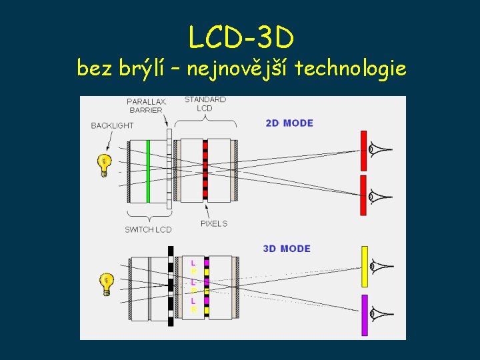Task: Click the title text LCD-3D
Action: [x=241, y=38]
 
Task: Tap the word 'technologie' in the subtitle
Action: [x=350, y=68]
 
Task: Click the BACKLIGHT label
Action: [x=112, y=125]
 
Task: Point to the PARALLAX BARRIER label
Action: [x=146, y=105]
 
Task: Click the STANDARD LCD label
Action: [x=205, y=103]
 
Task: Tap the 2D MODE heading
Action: [x=289, y=123]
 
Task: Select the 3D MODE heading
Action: [x=287, y=249]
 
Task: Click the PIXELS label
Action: [x=214, y=223]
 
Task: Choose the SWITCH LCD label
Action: [x=148, y=229]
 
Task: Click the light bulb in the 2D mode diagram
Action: [x=104, y=165]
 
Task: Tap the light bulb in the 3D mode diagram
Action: [x=105, y=284]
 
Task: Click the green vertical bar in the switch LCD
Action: [x=147, y=171]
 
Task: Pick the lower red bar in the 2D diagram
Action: [x=363, y=195]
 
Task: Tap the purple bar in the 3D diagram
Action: [x=365, y=314]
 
